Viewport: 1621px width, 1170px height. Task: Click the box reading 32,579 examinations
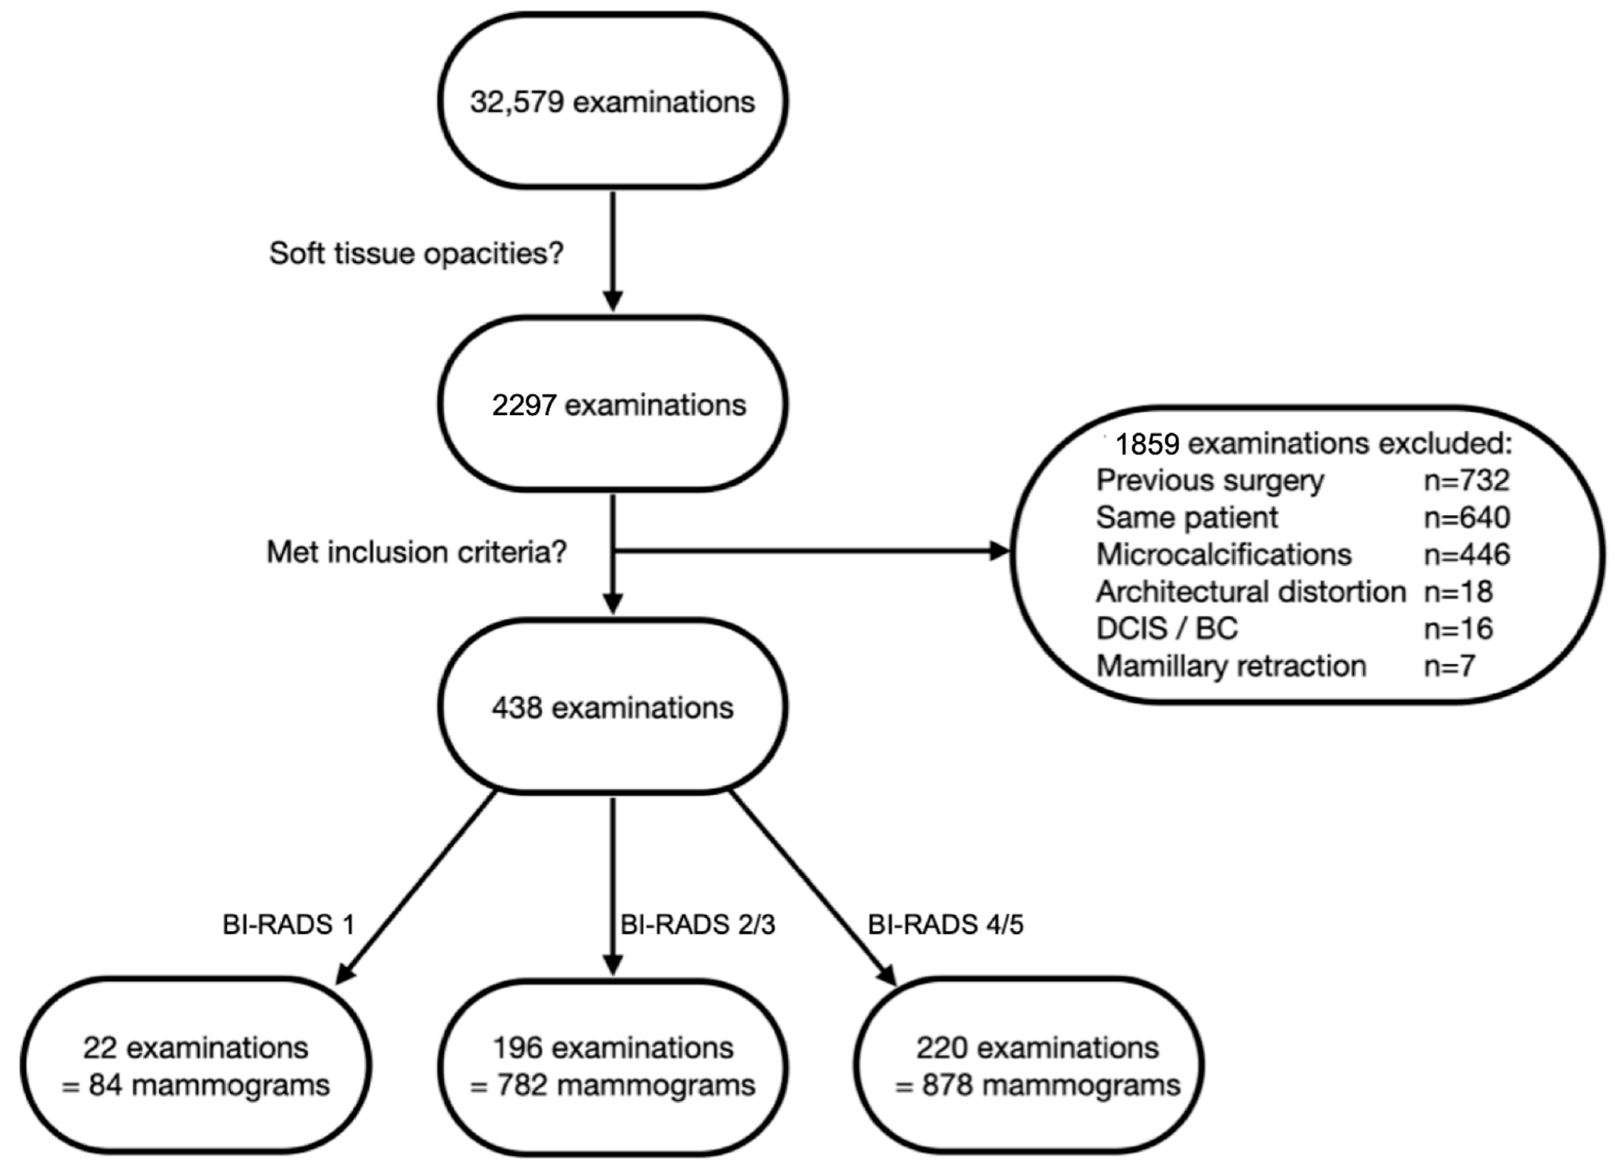[x=613, y=102]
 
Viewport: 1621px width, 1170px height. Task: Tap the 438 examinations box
[x=613, y=707]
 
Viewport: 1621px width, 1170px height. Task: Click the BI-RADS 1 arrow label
[x=289, y=924]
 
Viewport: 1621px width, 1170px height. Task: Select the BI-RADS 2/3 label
[x=697, y=924]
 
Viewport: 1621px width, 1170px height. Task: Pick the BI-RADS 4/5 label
[x=945, y=924]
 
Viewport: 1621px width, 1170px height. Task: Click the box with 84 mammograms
[x=196, y=1066]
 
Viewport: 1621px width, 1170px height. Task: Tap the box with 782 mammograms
[x=613, y=1066]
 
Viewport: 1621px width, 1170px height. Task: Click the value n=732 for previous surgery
[x=1467, y=480]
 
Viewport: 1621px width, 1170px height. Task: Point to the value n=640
[x=1467, y=517]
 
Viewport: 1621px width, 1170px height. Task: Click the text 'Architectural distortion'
[x=1251, y=591]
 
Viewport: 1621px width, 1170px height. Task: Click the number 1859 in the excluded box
[x=1147, y=444]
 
